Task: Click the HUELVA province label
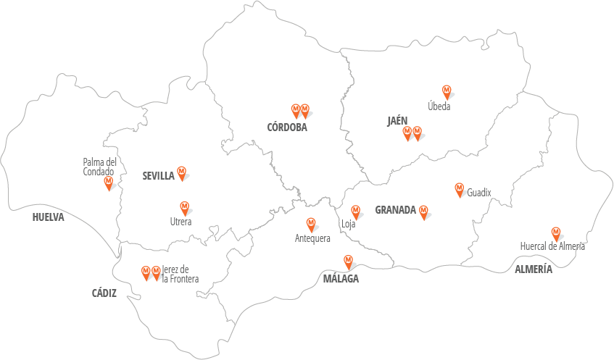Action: [x=49, y=217]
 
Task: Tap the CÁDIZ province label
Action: [x=104, y=293]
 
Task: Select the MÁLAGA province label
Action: [x=341, y=278]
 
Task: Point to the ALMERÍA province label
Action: [x=534, y=269]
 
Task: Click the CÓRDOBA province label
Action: [x=287, y=127]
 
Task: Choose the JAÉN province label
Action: [x=397, y=121]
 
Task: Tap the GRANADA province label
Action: [x=395, y=211]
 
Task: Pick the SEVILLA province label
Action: [x=158, y=175]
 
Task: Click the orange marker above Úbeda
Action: [x=447, y=91]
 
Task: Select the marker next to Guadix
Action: [x=459, y=189]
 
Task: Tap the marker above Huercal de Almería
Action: [x=556, y=233]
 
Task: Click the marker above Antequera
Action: [x=312, y=224]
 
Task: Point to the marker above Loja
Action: [x=355, y=212]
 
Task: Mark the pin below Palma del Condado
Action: [x=109, y=183]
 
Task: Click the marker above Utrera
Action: [x=184, y=207]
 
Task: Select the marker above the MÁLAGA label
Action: [x=348, y=261]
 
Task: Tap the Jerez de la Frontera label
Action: [x=180, y=274]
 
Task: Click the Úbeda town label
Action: [x=439, y=106]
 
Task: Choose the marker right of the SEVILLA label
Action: [x=182, y=172]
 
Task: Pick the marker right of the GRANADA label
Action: [x=423, y=212]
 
